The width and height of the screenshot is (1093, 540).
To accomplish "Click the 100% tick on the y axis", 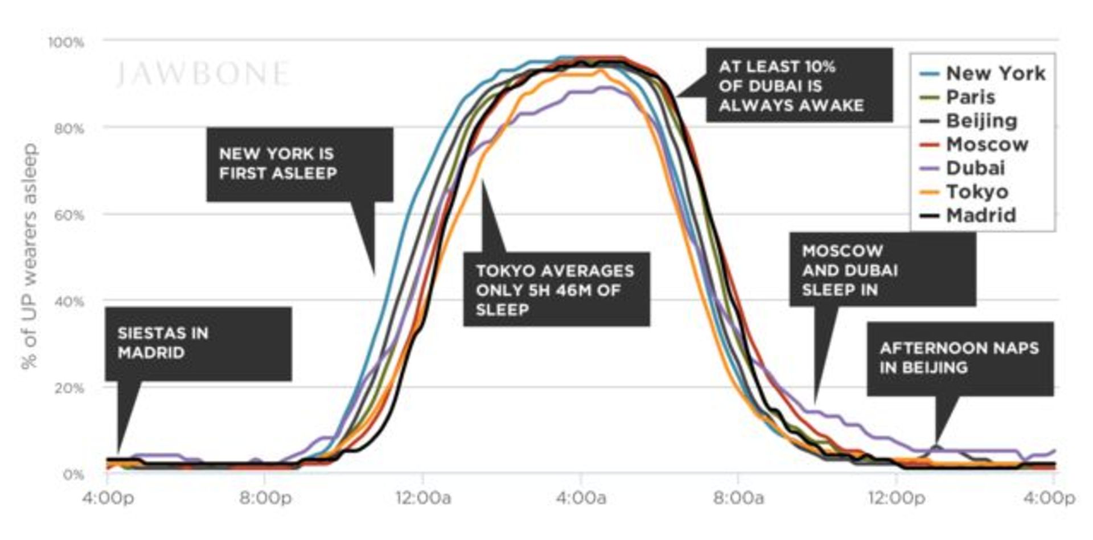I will pyautogui.click(x=65, y=43).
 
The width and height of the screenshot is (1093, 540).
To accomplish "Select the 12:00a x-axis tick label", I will pyautogui.click(x=423, y=498).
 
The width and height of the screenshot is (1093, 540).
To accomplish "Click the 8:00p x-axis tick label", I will pyautogui.click(x=265, y=498).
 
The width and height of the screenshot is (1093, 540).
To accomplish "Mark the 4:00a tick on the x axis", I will pyautogui.click(x=581, y=498).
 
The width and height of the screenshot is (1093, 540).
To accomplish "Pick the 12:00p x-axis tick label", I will pyautogui.click(x=896, y=498).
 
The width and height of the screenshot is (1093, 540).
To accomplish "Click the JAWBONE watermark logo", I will pyautogui.click(x=202, y=74).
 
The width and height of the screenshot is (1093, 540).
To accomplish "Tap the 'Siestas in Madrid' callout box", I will pyautogui.click(x=198, y=344).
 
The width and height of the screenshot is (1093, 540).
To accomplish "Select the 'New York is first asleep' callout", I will pyautogui.click(x=299, y=164).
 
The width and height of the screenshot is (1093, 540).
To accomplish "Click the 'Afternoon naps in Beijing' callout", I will pyautogui.click(x=960, y=358).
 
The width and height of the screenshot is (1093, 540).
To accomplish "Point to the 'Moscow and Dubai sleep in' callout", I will pyautogui.click(x=882, y=270).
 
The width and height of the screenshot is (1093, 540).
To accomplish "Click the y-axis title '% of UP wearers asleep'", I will pyautogui.click(x=30, y=256).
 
